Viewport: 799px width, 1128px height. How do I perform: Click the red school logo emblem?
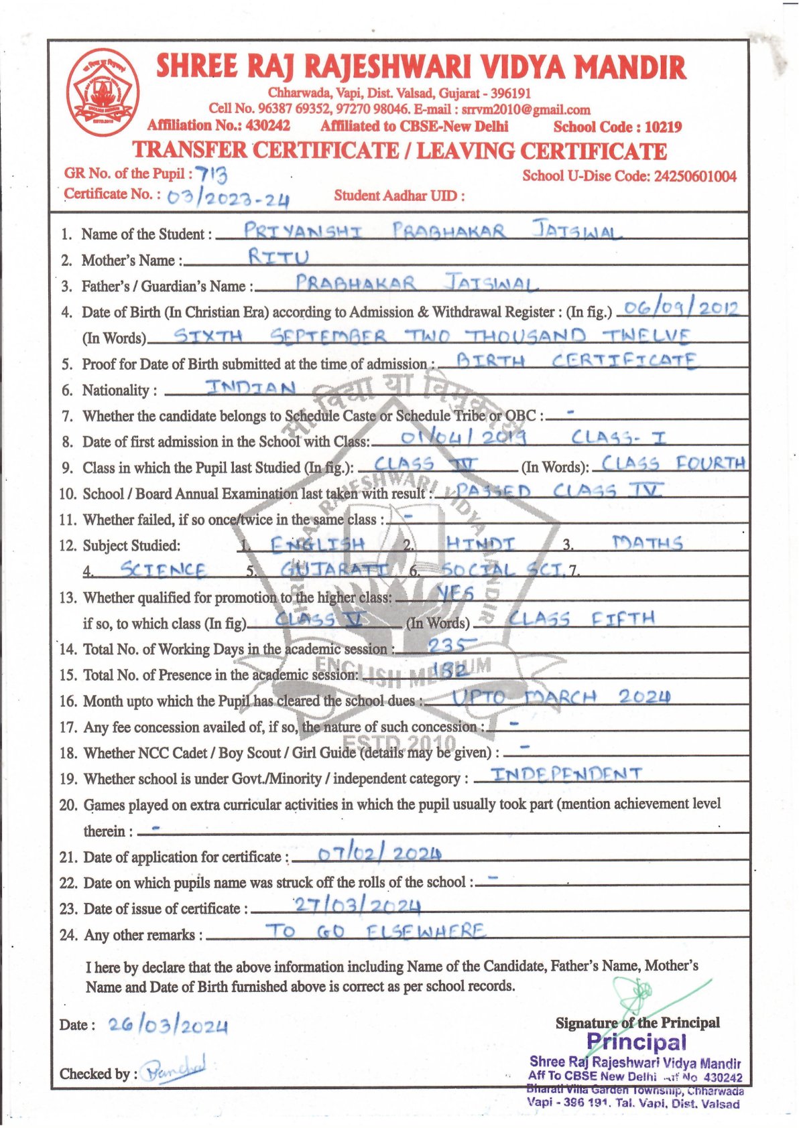(106, 93)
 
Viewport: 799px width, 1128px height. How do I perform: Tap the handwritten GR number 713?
(212, 175)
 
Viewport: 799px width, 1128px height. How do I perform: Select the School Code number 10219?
(663, 127)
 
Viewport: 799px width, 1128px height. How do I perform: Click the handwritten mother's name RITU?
(278, 257)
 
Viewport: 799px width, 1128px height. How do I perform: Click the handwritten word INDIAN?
(251, 387)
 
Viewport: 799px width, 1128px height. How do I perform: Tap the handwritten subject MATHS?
(647, 542)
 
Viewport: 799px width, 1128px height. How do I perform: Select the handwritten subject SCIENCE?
(163, 569)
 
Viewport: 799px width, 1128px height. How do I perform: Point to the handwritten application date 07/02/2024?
(379, 853)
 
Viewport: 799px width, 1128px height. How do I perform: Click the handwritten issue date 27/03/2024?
(358, 906)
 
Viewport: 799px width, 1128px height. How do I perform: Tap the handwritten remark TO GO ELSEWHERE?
(375, 931)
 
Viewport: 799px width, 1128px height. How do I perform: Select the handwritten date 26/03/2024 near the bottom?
(168, 1026)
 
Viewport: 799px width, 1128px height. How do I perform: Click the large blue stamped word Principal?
(636, 1042)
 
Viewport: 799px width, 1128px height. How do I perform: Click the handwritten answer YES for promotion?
(455, 593)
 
